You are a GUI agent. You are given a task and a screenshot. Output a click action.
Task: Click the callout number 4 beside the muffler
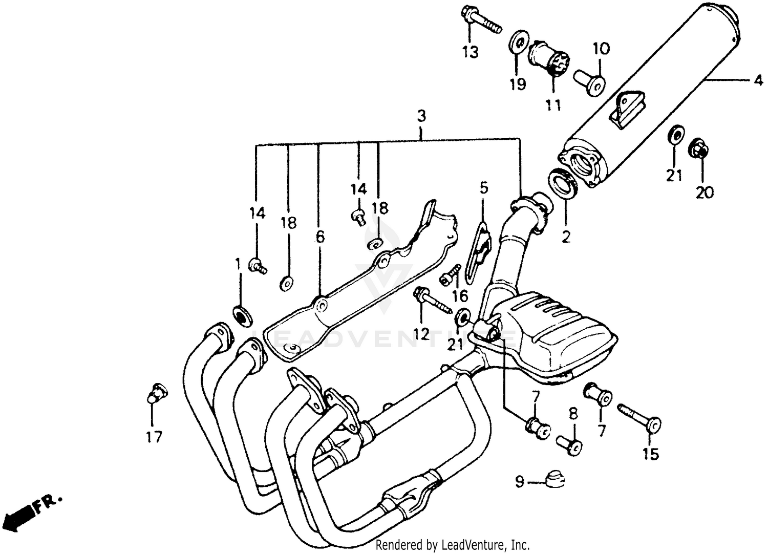click(x=758, y=80)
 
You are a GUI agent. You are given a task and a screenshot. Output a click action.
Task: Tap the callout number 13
click(x=470, y=52)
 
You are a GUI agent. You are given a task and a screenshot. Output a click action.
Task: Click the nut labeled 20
click(x=700, y=148)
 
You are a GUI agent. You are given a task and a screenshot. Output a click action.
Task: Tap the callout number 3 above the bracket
click(x=421, y=116)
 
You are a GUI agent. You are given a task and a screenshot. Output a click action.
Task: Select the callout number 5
click(x=483, y=188)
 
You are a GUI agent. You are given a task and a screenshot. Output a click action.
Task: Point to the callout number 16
click(x=460, y=296)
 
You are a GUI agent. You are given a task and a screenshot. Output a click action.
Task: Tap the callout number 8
click(x=573, y=413)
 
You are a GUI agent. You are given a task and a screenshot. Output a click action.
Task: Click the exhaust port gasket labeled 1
click(x=242, y=314)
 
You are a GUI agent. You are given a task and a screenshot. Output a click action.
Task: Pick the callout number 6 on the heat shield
click(x=320, y=237)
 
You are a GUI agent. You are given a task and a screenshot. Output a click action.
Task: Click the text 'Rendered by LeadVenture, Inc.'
click(x=453, y=545)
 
